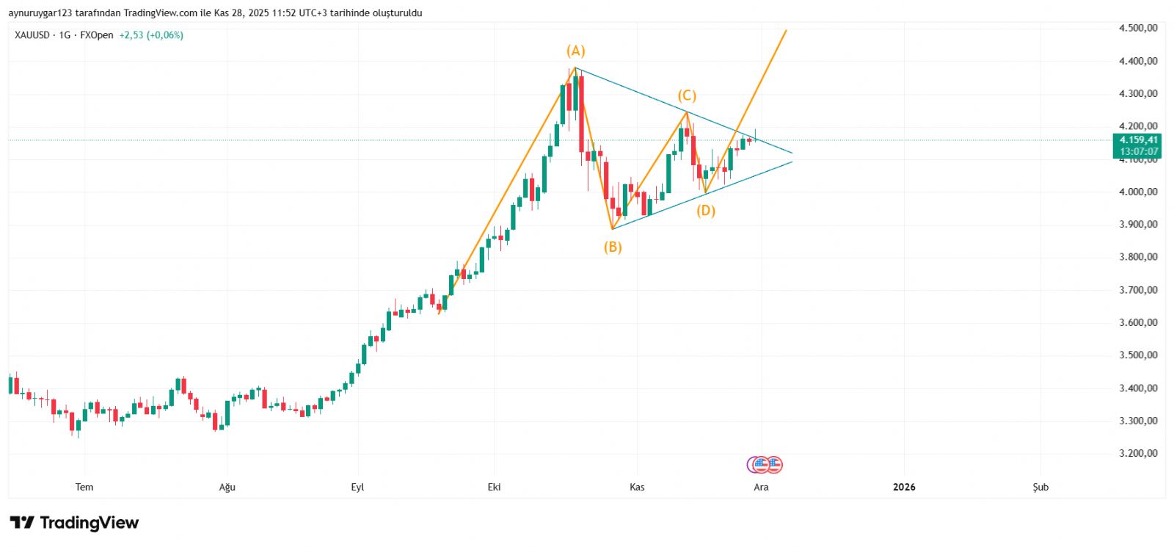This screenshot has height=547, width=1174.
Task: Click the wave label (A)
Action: [x=575, y=51]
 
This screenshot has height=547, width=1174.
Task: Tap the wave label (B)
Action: [x=613, y=247]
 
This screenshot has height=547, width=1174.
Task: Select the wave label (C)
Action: [x=687, y=95]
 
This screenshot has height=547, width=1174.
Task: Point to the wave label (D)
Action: [x=706, y=211]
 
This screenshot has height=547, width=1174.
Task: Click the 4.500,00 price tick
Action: [x=1138, y=28]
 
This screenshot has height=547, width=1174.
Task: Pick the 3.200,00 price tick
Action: [x=1138, y=453]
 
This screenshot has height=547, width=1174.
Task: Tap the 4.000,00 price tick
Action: [x=1138, y=192]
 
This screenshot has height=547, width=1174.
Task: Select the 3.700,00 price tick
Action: [x=1138, y=290]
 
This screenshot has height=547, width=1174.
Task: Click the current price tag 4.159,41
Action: [x=1139, y=140]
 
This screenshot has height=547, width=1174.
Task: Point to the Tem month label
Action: [x=84, y=487]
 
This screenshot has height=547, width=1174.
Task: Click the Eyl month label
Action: [x=357, y=487]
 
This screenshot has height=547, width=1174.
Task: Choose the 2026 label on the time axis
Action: [x=904, y=487]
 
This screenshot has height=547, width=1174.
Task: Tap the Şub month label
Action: [x=1040, y=487]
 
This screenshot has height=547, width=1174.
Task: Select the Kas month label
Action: [x=637, y=487]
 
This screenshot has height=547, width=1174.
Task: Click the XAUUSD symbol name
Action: [x=32, y=35]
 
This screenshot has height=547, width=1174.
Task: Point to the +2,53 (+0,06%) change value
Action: [x=151, y=35]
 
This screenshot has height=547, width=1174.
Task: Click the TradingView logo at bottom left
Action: [x=74, y=523]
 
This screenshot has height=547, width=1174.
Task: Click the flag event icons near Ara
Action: [x=765, y=464]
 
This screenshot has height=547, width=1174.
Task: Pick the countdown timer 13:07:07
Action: [x=1139, y=151]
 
